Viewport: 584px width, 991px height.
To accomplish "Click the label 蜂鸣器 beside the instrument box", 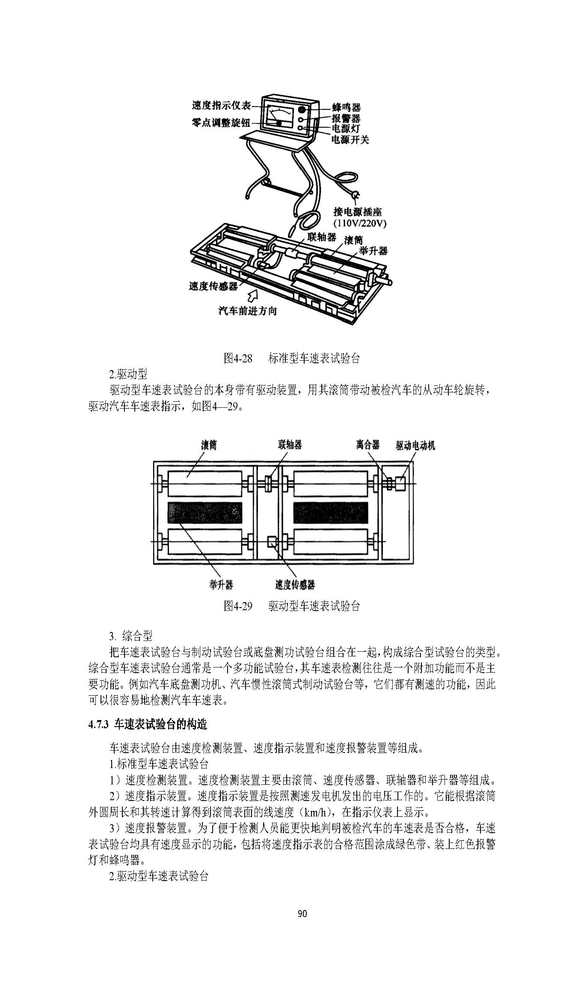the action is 346,107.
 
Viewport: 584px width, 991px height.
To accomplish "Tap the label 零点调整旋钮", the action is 220,122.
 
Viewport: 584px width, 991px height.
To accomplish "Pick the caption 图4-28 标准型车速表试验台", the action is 292,358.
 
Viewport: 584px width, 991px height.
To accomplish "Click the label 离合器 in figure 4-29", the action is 368,445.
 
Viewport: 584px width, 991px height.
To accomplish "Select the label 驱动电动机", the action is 415,445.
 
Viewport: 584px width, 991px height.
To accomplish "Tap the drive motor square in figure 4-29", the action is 400,484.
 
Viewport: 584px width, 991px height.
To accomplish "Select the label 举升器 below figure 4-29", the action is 221,585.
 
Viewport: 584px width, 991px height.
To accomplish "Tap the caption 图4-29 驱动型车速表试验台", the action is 292,606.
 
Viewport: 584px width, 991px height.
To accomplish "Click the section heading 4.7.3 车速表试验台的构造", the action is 148,724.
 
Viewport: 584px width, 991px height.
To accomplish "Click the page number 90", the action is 302,914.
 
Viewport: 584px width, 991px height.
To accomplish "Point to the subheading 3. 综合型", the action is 131,635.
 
